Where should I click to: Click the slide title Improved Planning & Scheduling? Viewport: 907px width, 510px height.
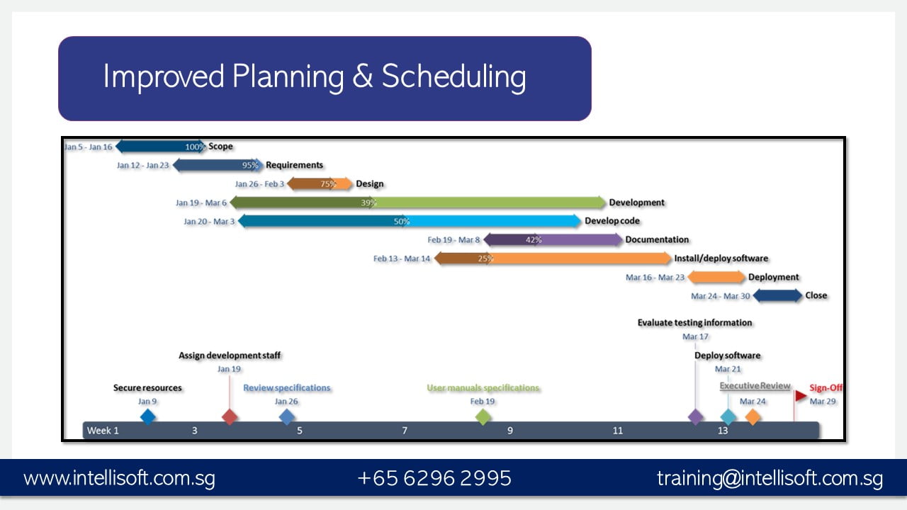(315, 76)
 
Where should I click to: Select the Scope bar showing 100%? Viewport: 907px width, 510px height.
(160, 147)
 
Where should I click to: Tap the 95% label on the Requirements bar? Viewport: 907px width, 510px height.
(250, 165)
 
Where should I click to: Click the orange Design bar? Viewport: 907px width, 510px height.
(320, 184)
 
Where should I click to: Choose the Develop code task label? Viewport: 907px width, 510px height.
(612, 221)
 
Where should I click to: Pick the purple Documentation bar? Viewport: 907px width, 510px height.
(553, 240)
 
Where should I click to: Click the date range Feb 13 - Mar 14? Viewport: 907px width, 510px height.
(402, 259)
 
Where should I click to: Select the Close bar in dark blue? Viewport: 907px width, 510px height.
(777, 296)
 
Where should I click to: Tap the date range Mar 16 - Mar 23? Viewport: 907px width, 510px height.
(655, 278)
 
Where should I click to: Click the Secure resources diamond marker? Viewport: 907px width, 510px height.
(147, 416)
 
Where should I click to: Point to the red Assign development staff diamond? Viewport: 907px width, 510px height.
(229, 416)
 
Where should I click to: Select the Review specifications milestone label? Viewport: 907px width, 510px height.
(287, 388)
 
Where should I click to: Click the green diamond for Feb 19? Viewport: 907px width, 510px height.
(483, 416)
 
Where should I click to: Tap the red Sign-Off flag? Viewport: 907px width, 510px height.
(801, 395)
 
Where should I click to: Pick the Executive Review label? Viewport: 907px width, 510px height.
(755, 386)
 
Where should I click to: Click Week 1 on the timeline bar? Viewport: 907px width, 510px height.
(103, 431)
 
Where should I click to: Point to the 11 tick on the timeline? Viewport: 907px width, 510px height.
(618, 431)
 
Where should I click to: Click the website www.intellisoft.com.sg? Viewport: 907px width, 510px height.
(119, 478)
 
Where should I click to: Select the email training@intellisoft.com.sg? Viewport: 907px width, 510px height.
(770, 478)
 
